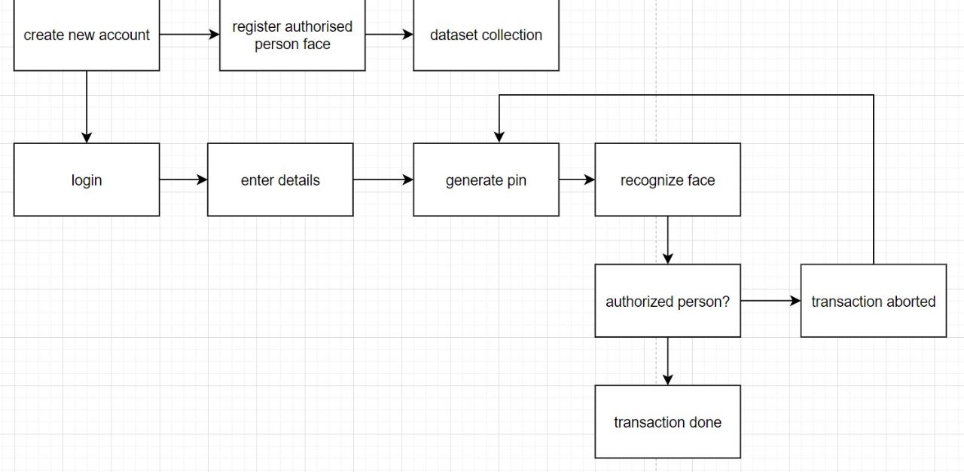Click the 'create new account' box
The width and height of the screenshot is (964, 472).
(87, 35)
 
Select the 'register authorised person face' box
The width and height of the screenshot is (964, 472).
(292, 35)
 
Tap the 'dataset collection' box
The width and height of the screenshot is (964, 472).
(486, 35)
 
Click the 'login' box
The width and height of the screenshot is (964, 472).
(87, 180)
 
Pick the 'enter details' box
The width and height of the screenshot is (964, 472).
(280, 180)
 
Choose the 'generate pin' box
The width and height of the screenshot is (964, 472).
(486, 180)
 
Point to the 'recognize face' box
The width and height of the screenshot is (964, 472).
(667, 180)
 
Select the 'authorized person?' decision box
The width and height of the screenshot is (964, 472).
(667, 302)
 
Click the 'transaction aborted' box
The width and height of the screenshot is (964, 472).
(873, 302)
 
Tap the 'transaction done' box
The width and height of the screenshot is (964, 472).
(667, 422)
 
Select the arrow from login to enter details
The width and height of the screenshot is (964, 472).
(183, 180)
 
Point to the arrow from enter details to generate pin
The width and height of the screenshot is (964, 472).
(383, 180)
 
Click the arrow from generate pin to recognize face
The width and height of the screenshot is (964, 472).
(577, 180)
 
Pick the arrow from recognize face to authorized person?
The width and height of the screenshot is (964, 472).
(667, 240)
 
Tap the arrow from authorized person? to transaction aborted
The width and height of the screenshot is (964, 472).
(770, 301)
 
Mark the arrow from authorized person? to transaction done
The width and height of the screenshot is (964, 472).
(667, 361)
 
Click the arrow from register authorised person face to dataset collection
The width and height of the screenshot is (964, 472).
(389, 35)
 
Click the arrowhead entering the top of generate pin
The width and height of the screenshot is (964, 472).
(499, 136)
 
